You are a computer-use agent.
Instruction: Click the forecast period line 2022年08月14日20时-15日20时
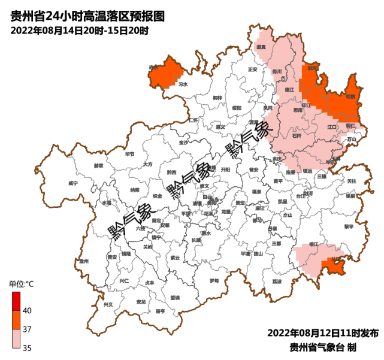79,31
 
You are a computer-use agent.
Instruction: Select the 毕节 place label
129,154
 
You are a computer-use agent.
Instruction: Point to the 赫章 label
98,165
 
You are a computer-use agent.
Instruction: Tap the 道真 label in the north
261,47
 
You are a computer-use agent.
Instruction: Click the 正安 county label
252,69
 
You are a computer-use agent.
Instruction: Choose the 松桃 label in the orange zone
350,96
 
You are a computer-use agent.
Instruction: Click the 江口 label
332,127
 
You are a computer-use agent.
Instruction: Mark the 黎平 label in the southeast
349,226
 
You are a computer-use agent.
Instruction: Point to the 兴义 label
108,304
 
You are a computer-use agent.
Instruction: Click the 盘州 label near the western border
84,261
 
